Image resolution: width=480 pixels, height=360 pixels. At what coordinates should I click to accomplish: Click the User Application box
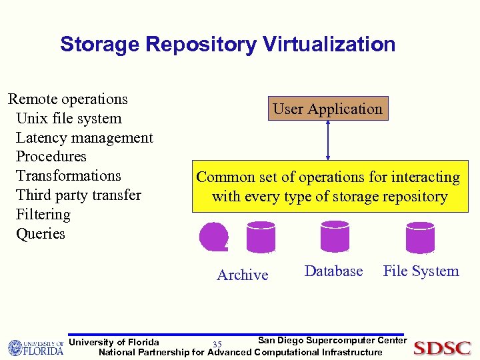click(x=327, y=109)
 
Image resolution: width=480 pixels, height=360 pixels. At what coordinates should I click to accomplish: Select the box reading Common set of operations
click(x=328, y=187)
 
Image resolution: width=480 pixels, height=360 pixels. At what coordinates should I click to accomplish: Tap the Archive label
click(x=243, y=275)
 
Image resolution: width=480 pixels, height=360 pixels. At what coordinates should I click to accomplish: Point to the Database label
click(x=333, y=271)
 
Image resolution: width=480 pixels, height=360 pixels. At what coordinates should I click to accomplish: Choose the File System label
click(x=421, y=271)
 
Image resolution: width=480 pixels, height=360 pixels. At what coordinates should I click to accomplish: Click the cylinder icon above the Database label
click(x=335, y=236)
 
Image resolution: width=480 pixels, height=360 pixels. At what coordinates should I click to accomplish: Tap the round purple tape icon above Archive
click(x=213, y=237)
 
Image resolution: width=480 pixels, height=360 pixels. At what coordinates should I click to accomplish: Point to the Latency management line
click(x=84, y=137)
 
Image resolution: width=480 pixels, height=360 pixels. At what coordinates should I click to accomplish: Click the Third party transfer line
click(x=78, y=195)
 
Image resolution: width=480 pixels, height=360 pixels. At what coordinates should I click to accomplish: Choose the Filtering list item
click(x=43, y=214)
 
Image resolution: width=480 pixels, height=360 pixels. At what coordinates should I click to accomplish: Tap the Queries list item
click(x=40, y=233)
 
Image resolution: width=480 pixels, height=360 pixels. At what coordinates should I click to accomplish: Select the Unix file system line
click(x=68, y=118)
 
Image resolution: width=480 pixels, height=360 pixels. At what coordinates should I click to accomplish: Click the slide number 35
click(x=217, y=344)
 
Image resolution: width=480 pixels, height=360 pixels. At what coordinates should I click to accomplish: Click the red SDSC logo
click(x=442, y=347)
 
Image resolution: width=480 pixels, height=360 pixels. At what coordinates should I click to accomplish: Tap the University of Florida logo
click(x=35, y=347)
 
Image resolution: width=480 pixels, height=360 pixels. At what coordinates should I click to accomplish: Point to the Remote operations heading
click(x=67, y=99)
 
